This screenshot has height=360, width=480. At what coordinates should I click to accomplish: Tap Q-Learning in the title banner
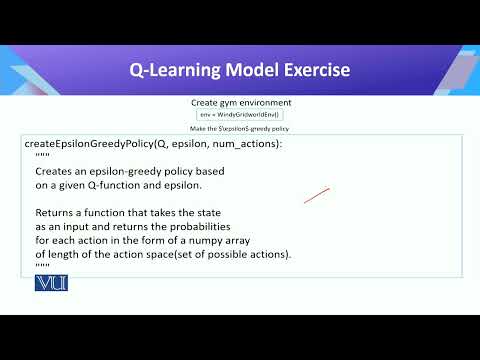click(x=169, y=70)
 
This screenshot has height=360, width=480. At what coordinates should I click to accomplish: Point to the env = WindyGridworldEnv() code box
click(x=240, y=116)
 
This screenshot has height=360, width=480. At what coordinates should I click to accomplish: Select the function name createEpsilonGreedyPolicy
click(x=87, y=144)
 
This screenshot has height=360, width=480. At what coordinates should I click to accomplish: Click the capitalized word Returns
click(x=56, y=213)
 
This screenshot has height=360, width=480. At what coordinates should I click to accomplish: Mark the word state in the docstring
click(x=206, y=213)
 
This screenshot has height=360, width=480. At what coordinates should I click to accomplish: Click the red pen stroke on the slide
click(x=317, y=195)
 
